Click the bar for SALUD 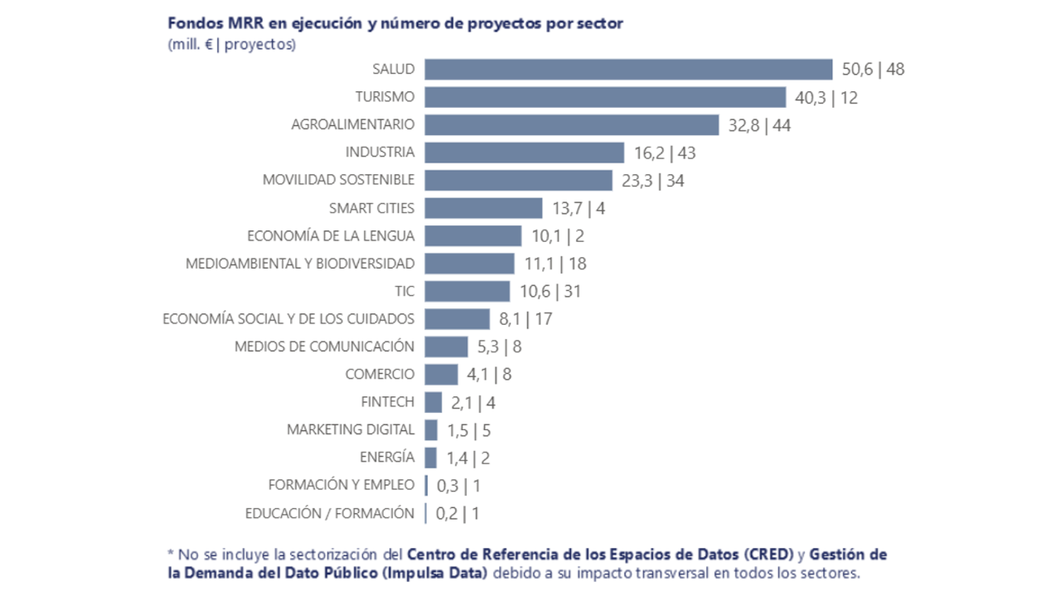tap(628, 70)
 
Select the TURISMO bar tap(605, 97)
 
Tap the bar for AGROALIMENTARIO tap(571, 125)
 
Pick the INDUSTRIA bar tap(524, 153)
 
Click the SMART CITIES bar tap(483, 208)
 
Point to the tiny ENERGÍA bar tap(430, 458)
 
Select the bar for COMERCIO tap(441, 375)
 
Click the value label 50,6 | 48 tap(872, 70)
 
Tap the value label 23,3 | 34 tap(652, 181)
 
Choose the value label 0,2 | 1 tap(458, 514)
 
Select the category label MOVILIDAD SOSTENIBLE tap(338, 180)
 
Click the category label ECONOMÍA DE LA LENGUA tap(331, 235)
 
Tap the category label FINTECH tap(387, 402)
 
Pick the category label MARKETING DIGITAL tap(350, 429)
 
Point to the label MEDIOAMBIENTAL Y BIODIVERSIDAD tap(299, 264)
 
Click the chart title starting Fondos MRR tap(395, 23)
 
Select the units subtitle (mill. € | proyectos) tap(231, 45)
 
